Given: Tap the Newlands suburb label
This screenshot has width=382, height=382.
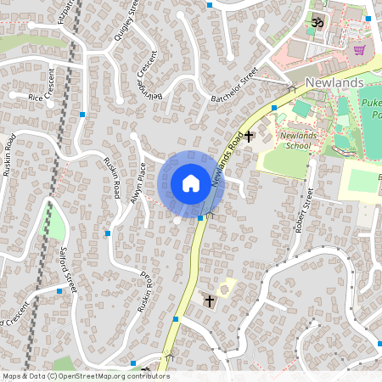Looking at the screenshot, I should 334,82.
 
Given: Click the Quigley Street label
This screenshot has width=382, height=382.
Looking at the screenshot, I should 126,22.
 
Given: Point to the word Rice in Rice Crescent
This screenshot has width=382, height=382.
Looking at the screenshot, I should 35,98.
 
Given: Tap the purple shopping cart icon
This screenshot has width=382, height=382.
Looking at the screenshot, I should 359,48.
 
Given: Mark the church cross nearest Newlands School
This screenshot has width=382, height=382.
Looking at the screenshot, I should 249,136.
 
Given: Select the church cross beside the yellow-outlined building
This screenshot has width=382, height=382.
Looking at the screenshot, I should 209,301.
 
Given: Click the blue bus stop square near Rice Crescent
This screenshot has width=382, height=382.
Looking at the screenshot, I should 82,114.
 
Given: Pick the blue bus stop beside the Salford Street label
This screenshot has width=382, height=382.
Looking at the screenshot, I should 59,291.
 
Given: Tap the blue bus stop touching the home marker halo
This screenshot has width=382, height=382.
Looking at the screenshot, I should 200,218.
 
